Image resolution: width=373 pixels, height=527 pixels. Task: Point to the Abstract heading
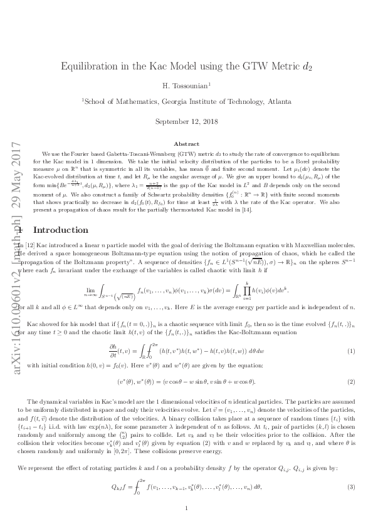186,144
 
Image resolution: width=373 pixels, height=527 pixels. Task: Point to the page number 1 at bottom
187,508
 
